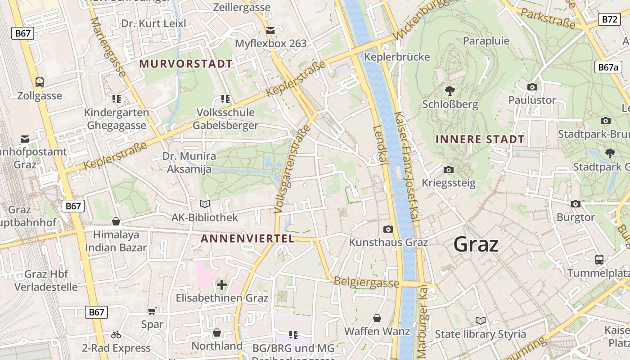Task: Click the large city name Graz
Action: [x=476, y=244]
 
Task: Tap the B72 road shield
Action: [x=609, y=19]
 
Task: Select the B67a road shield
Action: [x=608, y=67]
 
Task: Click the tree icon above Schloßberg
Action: [x=450, y=91]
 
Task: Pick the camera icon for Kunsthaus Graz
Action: [x=388, y=229]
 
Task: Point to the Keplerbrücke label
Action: [x=397, y=57]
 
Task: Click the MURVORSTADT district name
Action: [x=186, y=64]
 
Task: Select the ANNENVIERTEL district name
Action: [x=247, y=238]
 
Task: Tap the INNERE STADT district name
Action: [x=480, y=139]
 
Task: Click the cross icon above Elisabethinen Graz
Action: [x=221, y=284]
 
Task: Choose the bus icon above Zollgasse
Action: [x=40, y=82]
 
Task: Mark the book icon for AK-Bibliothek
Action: [x=205, y=204]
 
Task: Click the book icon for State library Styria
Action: [x=481, y=320]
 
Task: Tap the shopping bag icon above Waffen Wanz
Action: [x=377, y=318]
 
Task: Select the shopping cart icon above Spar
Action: [x=152, y=311]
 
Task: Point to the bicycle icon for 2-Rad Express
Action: [x=116, y=335]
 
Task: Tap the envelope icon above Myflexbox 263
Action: [x=270, y=31]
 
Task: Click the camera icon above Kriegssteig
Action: [x=448, y=170]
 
